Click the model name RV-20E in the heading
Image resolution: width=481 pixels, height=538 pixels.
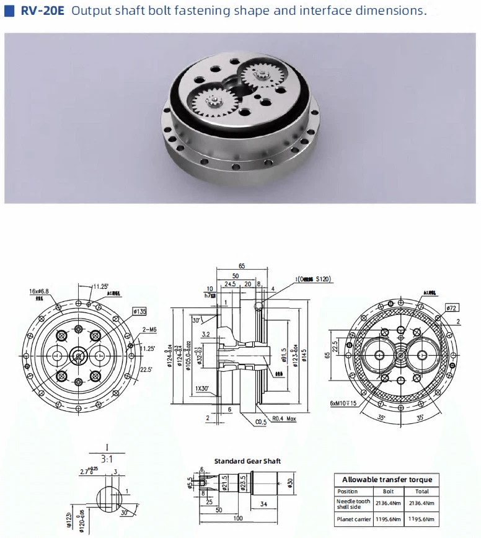(40, 11)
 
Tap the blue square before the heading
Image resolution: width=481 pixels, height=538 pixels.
(9, 11)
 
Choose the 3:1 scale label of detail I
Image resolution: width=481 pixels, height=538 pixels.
(107, 459)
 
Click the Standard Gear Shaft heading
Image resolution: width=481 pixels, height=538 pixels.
(247, 461)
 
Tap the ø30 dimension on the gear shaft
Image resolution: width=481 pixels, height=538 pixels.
(289, 483)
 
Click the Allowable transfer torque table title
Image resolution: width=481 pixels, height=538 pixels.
(387, 479)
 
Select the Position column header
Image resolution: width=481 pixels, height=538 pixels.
(348, 492)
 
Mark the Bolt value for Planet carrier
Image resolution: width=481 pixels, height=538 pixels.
(388, 519)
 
